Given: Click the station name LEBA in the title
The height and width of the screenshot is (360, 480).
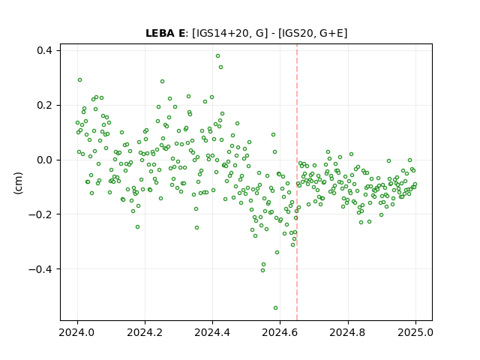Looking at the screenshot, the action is [x=160, y=33].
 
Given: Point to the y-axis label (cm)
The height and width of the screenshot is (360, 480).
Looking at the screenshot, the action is [x=18, y=183].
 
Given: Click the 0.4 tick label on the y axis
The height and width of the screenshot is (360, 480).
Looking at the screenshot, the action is [x=43, y=50].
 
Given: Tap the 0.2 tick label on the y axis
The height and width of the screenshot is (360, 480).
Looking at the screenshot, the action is [x=43, y=105].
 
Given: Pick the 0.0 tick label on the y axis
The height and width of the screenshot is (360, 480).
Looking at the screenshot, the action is [x=43, y=160].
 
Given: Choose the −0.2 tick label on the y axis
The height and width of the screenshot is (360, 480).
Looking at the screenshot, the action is [x=40, y=214].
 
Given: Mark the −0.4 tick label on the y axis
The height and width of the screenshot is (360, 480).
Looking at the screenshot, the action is [x=40, y=269].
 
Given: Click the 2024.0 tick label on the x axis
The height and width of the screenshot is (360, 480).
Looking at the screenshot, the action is [x=77, y=332].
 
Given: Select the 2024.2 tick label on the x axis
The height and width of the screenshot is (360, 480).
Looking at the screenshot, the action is [x=145, y=332].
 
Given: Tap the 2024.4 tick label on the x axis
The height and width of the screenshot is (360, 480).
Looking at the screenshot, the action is [x=212, y=332].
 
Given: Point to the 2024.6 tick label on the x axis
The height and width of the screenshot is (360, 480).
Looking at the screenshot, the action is [x=280, y=332].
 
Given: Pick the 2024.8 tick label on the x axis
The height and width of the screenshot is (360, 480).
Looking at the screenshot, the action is [x=348, y=332].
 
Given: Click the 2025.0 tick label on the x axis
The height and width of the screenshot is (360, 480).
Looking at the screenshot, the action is [x=415, y=332].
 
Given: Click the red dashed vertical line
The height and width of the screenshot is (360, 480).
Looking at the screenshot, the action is [x=297, y=182].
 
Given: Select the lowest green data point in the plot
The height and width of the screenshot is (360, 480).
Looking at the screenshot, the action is [x=275, y=308].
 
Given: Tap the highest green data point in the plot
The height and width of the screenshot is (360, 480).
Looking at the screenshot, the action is [x=217, y=56].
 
